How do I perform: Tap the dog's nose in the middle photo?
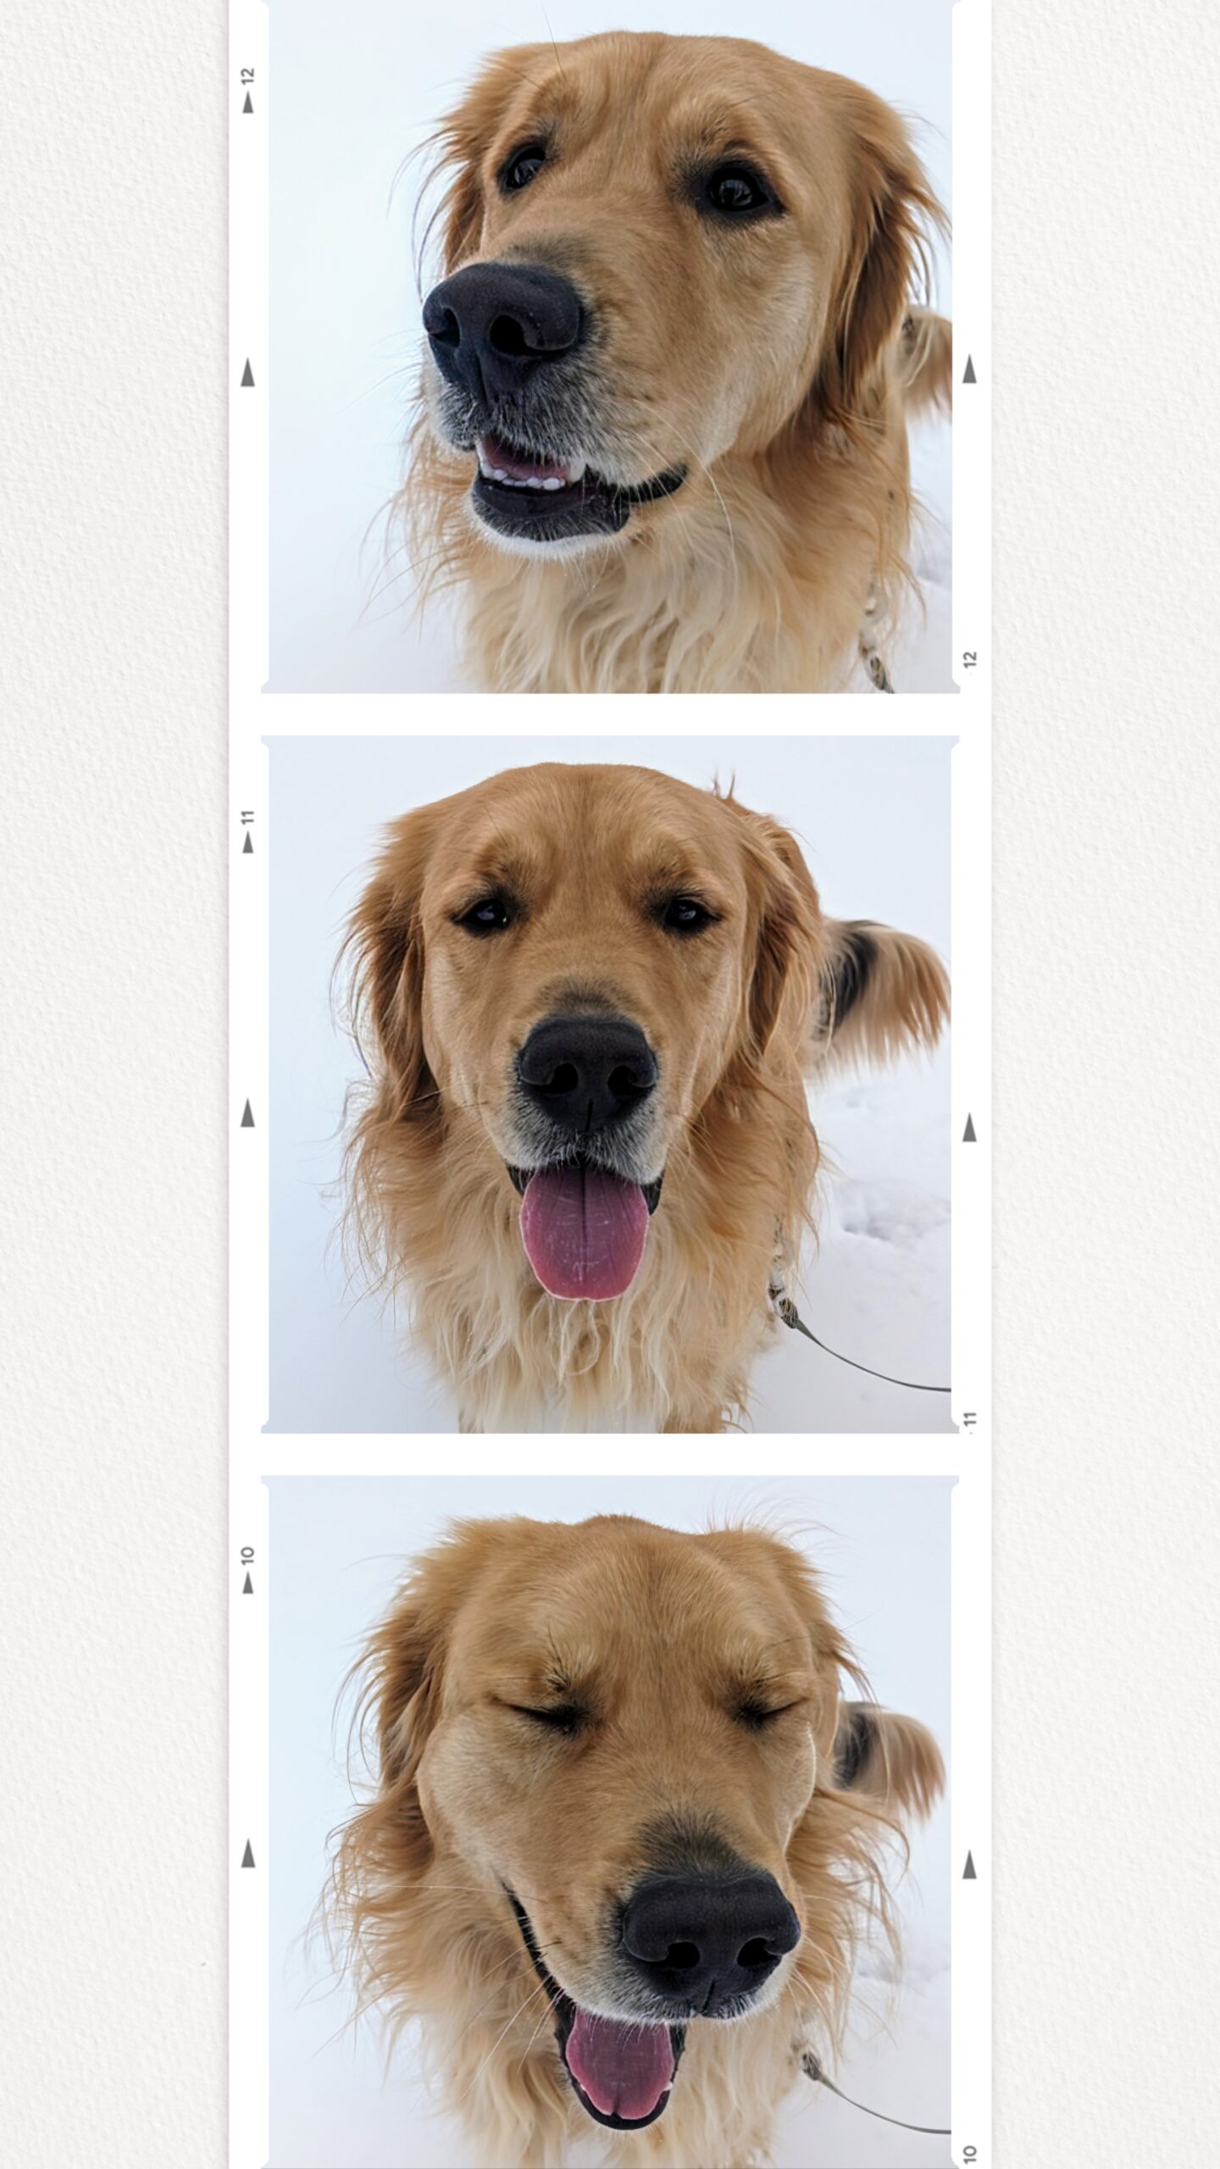588,1072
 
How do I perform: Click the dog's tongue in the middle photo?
584,1239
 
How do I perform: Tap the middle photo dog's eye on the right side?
686,912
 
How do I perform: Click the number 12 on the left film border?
248,75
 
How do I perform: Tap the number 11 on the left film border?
248,818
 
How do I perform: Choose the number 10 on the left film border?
248,1556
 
